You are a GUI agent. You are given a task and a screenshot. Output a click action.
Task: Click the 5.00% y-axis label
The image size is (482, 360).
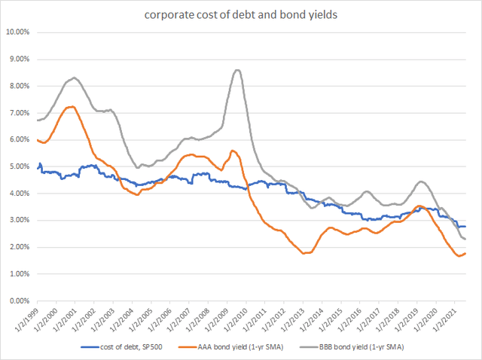point(18,166)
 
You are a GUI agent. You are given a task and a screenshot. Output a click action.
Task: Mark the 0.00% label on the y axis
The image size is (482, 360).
point(18,301)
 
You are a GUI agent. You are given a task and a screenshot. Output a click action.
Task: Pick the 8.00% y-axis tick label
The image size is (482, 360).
point(18,86)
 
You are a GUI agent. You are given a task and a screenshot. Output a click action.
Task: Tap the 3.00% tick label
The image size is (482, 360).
point(18,221)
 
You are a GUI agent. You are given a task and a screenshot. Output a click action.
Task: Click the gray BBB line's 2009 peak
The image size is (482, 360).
point(237,70)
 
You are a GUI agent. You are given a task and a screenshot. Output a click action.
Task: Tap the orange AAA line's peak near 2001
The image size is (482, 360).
point(70,107)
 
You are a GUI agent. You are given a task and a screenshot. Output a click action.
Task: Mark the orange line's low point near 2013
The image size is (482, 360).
point(304,253)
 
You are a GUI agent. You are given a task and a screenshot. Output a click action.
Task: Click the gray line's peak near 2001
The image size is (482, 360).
point(74,78)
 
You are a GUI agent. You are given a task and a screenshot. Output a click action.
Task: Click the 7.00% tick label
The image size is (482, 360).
point(18,113)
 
